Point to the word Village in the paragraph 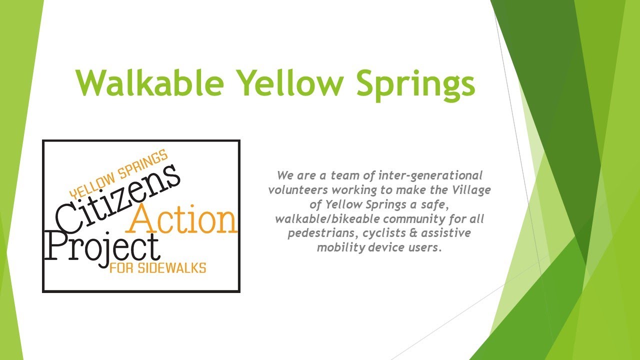[473, 190]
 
